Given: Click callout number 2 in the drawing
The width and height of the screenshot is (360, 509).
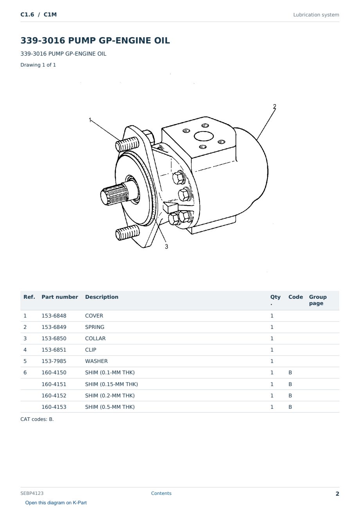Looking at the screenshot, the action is tap(275, 106).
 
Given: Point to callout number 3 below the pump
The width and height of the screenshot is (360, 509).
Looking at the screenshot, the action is tap(166, 247).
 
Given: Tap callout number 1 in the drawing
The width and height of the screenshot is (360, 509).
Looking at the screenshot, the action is tap(90, 120).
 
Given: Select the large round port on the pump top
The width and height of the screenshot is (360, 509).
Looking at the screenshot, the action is tap(203, 137).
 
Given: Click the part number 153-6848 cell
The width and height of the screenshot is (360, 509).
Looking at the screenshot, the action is tap(54, 316).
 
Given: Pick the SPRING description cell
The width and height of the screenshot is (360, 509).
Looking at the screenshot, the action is tap(94, 327).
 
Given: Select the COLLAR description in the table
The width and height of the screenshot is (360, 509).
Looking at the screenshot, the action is tap(95, 338).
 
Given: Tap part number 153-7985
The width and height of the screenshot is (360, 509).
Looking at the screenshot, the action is tap(54, 361).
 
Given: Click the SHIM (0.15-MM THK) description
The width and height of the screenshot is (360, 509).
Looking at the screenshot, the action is tap(111, 384).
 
